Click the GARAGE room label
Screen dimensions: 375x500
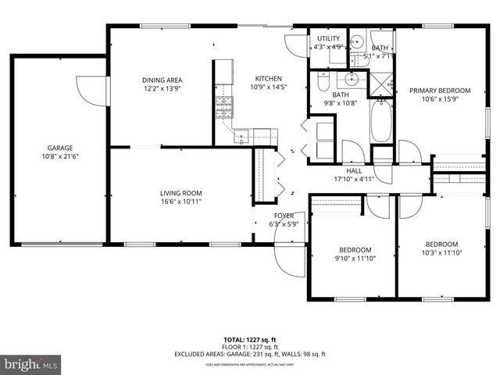59,148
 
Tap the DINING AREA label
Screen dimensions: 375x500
162,80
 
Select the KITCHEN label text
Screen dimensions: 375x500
268,78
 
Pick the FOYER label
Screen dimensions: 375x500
283,216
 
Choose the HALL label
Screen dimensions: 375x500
354,170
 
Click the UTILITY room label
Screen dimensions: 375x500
328,37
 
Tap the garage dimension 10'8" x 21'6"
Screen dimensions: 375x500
59,156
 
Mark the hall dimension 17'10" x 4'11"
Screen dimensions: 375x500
354,179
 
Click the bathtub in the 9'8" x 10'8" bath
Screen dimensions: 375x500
380,123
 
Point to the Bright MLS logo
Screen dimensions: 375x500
30,364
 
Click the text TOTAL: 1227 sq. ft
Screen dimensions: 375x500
250,340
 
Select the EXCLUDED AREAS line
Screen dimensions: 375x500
250,354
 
